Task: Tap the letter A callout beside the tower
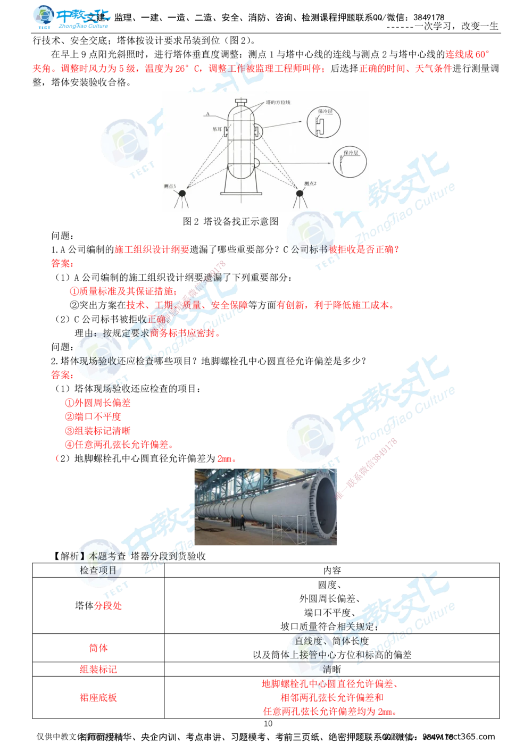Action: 207,114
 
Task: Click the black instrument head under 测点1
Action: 182,194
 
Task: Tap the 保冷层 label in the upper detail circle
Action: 325,111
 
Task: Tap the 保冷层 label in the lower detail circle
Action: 351,152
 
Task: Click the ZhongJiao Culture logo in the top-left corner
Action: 69,17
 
